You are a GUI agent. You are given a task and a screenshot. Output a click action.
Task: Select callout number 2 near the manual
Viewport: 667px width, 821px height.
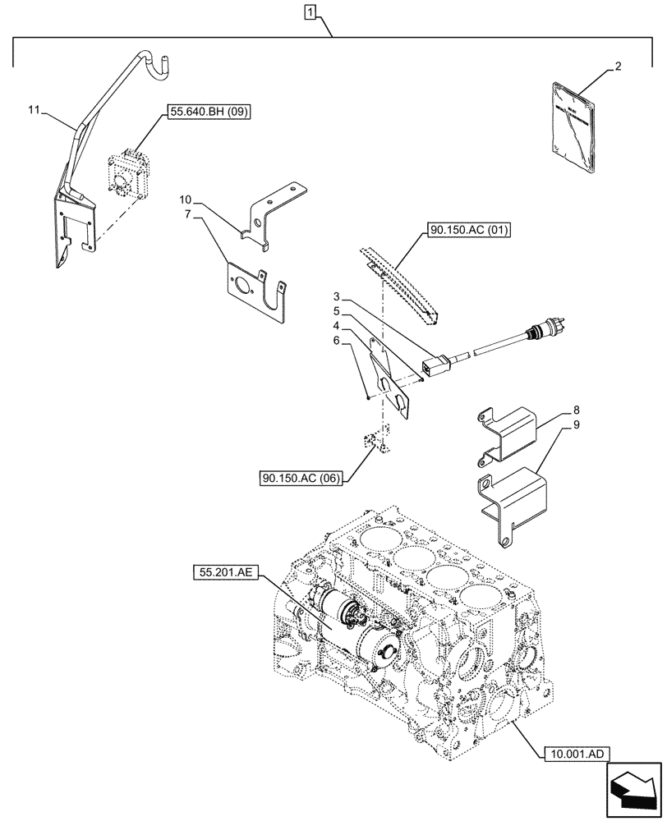tap(618, 68)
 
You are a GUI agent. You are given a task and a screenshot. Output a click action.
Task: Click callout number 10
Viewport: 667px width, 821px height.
tap(186, 200)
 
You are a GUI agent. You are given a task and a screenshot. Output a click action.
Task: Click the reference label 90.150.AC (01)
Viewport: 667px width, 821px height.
tap(467, 231)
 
